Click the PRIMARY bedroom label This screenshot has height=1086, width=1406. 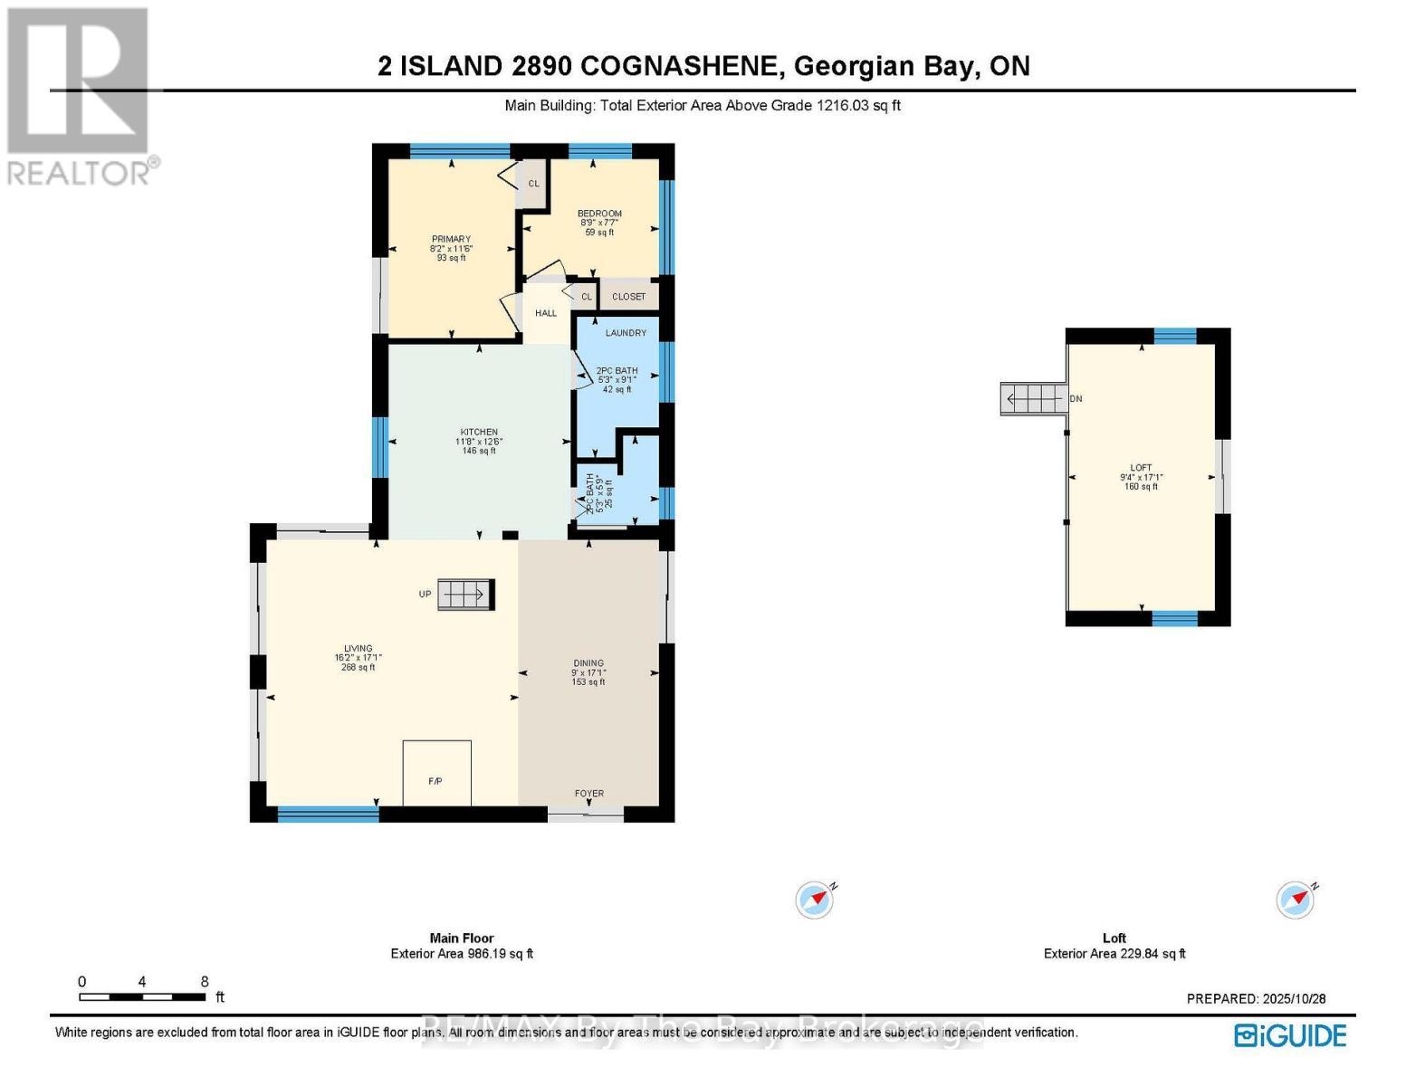[x=451, y=240]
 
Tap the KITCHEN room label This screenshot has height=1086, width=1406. [x=479, y=433]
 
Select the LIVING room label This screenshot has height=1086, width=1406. [x=358, y=649]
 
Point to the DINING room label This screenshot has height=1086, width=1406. [x=588, y=663]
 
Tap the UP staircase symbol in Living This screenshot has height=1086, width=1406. [x=465, y=595]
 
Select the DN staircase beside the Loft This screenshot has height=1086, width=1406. [x=1034, y=399]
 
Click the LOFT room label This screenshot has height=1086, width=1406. [x=1141, y=468]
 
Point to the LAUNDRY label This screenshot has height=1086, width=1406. [x=626, y=333]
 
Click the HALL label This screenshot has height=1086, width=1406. [x=546, y=313]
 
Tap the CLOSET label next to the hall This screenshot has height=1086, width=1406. [x=629, y=297]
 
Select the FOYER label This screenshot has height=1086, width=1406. [x=589, y=794]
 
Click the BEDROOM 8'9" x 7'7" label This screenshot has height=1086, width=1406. [x=599, y=214]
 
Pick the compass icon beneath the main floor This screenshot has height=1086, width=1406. [x=814, y=900]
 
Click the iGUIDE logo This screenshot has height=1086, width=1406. [x=1291, y=1035]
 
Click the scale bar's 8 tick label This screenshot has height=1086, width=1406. [x=205, y=982]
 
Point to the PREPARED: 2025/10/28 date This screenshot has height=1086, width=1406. [x=1256, y=999]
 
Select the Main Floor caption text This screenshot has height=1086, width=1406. [x=462, y=938]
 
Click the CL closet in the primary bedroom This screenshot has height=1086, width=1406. [x=533, y=184]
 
